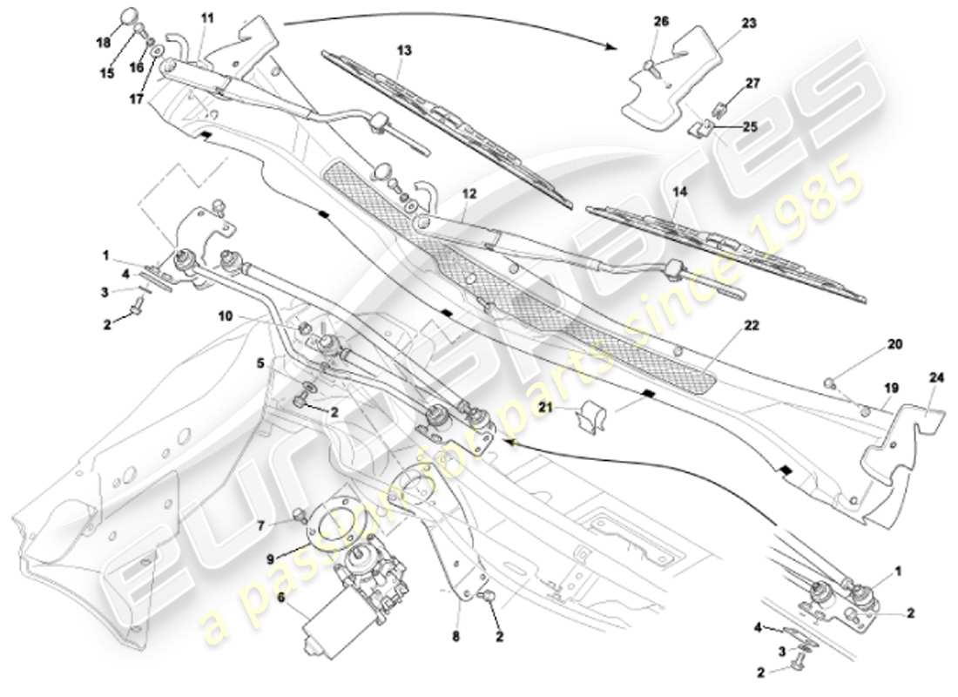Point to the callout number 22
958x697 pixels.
[x=752, y=325]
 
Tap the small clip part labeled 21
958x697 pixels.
[x=593, y=416]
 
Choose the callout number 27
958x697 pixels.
[x=752, y=85]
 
